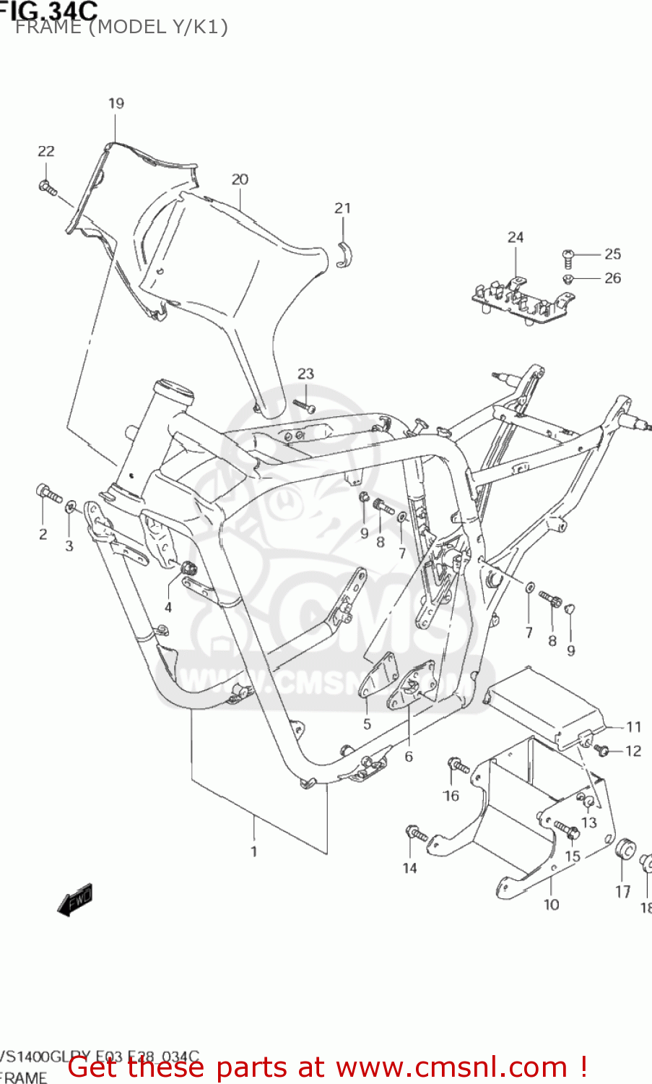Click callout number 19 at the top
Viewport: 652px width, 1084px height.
point(116,103)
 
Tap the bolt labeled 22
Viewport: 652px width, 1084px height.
point(48,188)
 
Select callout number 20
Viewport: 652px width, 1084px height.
point(240,179)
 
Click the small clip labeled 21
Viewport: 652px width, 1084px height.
point(344,254)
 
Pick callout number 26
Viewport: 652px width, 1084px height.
point(612,278)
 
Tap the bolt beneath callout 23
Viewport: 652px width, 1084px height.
point(304,407)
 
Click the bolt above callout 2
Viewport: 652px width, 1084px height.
point(48,495)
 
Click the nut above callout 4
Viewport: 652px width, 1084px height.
point(189,567)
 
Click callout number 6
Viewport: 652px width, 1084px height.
point(409,757)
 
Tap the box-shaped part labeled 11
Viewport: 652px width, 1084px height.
point(546,705)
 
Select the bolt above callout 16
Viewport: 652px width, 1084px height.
point(458,765)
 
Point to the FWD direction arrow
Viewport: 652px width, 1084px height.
point(75,900)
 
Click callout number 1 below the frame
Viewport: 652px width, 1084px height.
point(253,851)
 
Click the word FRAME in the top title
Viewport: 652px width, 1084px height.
point(48,27)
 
